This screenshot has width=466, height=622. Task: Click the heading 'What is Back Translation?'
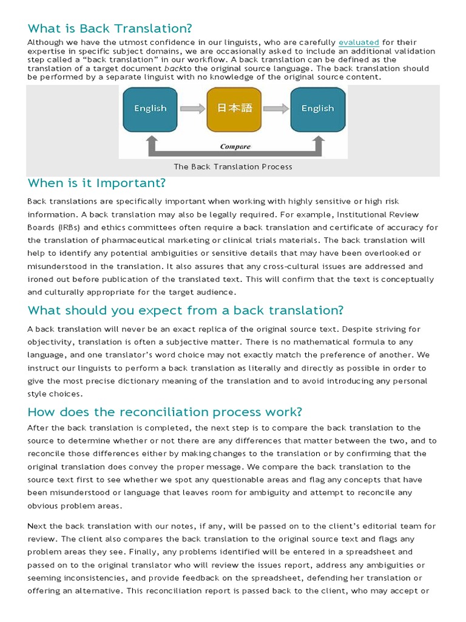pos(109,29)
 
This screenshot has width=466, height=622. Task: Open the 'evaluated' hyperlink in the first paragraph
pos(359,43)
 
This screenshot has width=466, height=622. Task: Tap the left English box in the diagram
pos(150,109)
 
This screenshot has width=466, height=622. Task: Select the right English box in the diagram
pos(317,109)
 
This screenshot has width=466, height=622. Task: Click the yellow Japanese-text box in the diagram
pos(234,109)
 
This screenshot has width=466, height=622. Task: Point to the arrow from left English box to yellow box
pos(193,109)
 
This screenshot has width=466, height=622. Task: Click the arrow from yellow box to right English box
pos(276,109)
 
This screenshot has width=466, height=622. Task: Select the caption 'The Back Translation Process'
pos(233,166)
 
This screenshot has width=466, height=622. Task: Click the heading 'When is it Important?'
pos(96,183)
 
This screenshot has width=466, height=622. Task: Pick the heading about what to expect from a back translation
pos(186,310)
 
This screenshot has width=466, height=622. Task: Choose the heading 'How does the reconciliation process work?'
pos(164,412)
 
